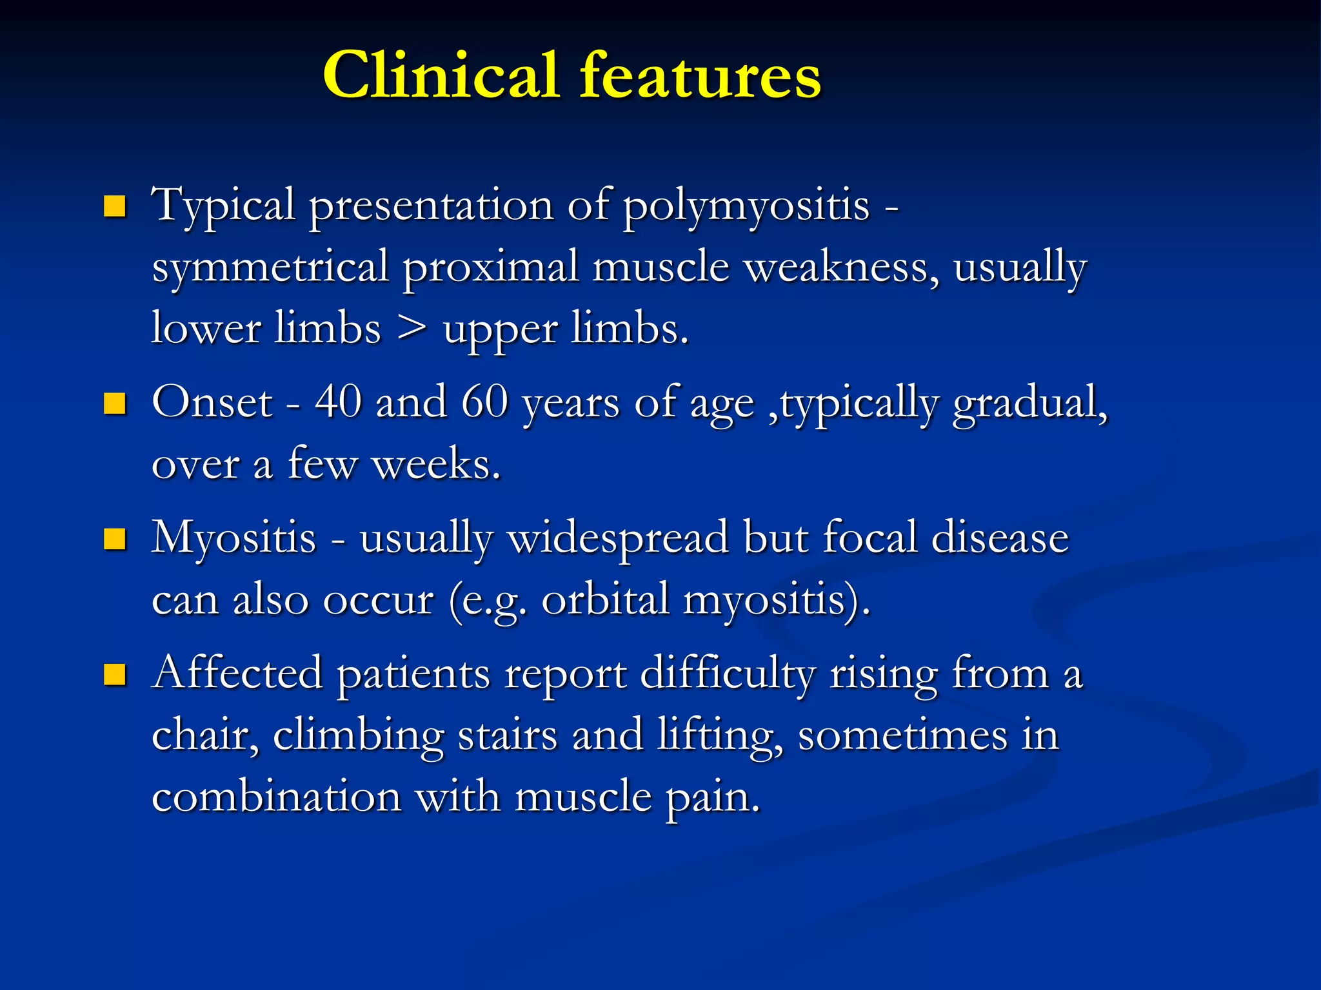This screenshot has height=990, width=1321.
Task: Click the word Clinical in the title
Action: coord(441,76)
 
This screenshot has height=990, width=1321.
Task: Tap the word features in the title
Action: coord(700,76)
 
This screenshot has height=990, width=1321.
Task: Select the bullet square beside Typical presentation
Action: coord(115,206)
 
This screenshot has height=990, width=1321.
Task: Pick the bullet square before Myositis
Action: coord(115,539)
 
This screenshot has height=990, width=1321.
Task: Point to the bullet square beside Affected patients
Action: coord(115,675)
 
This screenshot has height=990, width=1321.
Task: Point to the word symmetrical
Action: coord(270,268)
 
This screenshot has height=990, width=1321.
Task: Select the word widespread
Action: coord(619,539)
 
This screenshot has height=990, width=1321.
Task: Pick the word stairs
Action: coord(508,735)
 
